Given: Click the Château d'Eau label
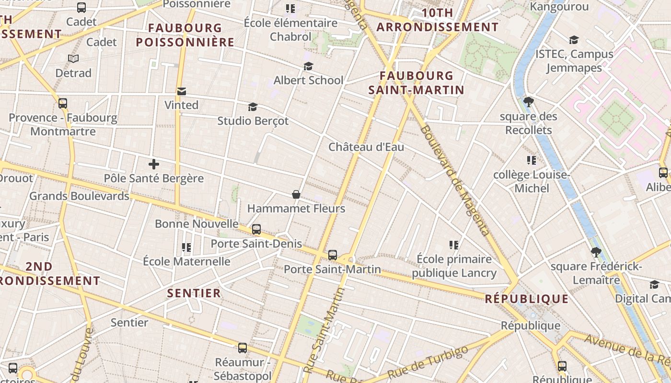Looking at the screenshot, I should [x=366, y=147].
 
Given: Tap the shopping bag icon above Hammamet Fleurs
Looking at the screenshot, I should [x=296, y=194].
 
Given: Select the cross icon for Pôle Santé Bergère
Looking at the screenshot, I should [x=154, y=165].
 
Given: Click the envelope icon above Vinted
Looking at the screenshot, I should [x=182, y=91].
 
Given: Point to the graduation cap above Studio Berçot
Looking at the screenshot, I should [x=253, y=107].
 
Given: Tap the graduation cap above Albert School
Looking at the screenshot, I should [x=308, y=66].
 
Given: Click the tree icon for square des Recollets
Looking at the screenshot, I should [x=529, y=101].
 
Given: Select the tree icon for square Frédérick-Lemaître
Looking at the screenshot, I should [x=596, y=252].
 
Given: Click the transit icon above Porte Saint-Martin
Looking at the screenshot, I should [x=333, y=255].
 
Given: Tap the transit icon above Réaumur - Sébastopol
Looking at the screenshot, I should [x=243, y=348].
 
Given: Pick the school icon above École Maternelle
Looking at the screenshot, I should [x=186, y=248].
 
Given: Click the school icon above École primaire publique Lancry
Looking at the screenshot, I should [x=454, y=245].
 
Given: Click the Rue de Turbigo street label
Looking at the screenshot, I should [x=428, y=362].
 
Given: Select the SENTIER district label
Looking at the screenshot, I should [x=194, y=293].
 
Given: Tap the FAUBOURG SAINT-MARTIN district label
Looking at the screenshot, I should [x=416, y=82].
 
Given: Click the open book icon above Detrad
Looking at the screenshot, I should [x=73, y=59].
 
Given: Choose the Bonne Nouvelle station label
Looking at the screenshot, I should [x=197, y=224].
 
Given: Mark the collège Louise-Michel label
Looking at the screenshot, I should [x=532, y=181].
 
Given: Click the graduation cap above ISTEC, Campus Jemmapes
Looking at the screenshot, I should [x=574, y=40].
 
